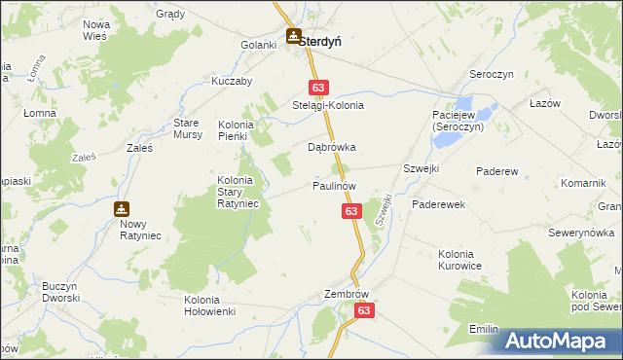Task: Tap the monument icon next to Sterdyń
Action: [x=293, y=37]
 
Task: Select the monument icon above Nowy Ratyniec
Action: [x=122, y=208]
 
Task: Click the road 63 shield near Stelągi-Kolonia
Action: [x=317, y=87]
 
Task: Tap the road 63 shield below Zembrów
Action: [x=364, y=309]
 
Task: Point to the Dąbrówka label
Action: [x=332, y=148]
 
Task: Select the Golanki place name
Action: [x=259, y=46]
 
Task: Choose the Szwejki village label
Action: [x=421, y=168]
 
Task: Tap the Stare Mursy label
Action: [x=188, y=128]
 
